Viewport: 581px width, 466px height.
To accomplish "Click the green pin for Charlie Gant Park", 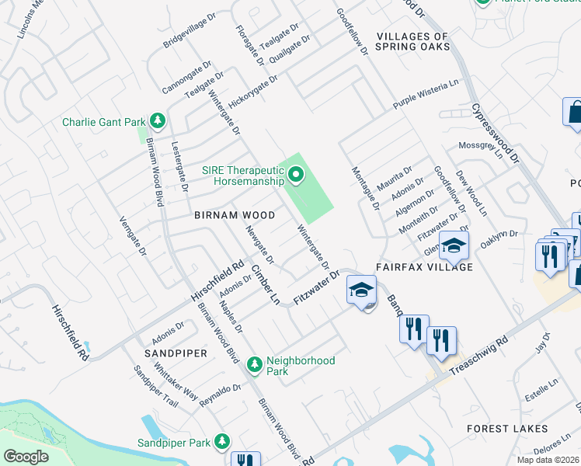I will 158,121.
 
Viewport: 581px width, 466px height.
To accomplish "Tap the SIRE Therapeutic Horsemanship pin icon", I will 294,176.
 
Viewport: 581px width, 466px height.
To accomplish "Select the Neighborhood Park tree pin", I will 253,363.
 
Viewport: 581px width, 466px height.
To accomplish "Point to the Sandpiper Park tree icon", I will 222,442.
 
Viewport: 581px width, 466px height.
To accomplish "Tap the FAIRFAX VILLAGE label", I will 424,266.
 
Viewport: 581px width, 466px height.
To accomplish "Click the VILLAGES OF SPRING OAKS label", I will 412,41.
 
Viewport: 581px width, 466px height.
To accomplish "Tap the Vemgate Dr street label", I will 131,235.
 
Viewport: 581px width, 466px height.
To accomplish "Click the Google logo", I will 26,457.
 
